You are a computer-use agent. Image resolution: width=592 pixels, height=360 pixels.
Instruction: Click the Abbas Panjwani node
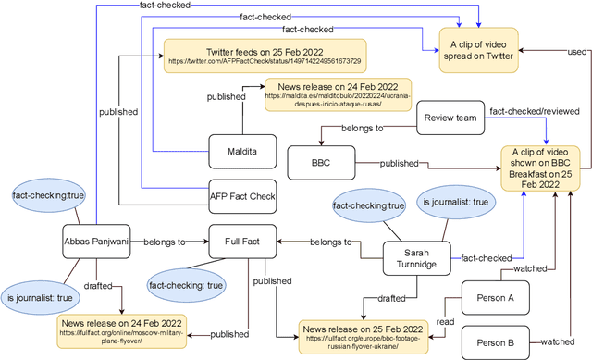click(x=96, y=240)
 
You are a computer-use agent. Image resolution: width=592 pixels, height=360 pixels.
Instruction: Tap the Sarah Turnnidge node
click(x=417, y=257)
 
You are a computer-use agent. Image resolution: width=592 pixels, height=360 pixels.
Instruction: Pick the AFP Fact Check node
click(x=242, y=195)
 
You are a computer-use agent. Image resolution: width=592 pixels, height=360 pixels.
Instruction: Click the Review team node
click(x=451, y=118)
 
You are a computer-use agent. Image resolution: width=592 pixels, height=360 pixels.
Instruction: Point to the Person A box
click(x=495, y=298)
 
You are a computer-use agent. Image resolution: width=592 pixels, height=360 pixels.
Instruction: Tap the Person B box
click(x=495, y=341)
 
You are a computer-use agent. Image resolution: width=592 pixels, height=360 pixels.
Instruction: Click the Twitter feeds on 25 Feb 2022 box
click(x=264, y=54)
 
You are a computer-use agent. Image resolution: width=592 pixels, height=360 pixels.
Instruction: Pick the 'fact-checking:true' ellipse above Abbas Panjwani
click(x=37, y=195)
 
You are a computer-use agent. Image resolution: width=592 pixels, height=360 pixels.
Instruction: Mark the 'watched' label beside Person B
click(x=558, y=341)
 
